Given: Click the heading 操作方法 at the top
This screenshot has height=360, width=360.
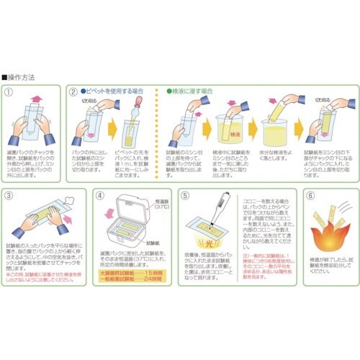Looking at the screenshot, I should point(22,75).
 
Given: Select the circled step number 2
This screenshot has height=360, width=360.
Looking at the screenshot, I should point(74,92).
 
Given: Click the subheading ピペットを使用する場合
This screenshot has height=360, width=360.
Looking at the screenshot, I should point(114,92).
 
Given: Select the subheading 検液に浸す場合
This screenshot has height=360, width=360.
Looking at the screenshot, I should point(192,92).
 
